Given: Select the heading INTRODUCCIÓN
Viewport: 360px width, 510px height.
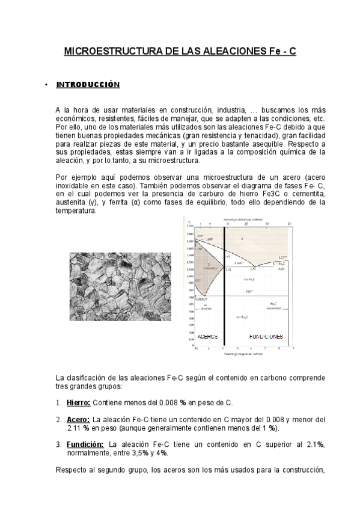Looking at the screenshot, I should point(88,85).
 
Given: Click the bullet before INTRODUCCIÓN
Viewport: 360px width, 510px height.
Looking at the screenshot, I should point(46,85).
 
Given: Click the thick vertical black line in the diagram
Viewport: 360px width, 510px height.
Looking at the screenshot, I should point(224,283).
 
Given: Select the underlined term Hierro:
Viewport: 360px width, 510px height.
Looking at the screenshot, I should point(79,402).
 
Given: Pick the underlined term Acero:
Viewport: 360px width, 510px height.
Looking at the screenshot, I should point(78,420).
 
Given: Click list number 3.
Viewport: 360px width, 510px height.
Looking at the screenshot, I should point(58,444).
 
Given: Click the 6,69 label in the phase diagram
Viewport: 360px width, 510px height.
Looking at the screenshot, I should point(281,269).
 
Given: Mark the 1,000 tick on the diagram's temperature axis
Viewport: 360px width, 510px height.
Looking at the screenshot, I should point(189,277).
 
